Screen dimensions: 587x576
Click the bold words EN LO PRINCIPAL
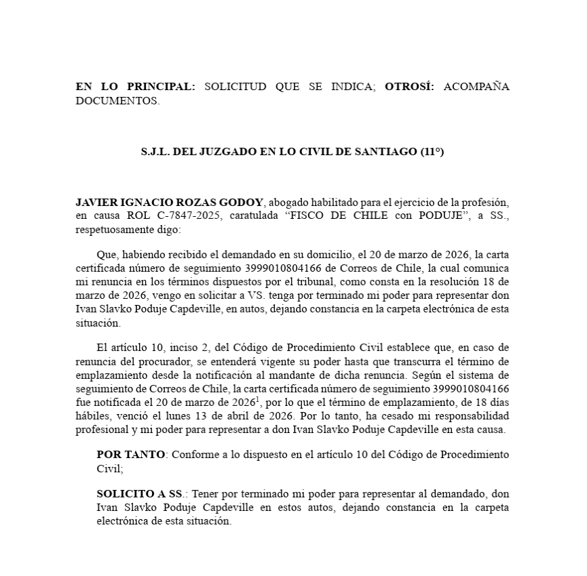(x=135, y=87)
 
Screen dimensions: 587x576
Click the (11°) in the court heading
(x=430, y=152)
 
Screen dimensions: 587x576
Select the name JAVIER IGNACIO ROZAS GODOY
(x=171, y=203)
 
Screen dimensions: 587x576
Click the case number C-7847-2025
(x=193, y=216)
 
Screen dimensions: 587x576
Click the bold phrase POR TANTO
(x=130, y=454)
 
